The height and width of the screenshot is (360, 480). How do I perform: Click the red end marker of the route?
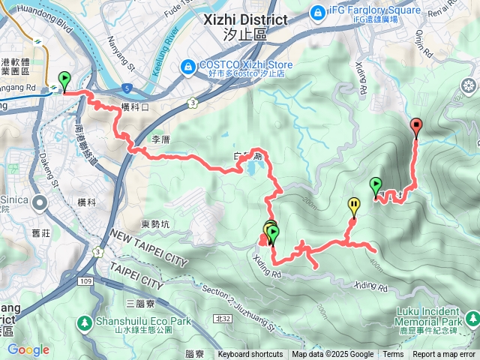415,125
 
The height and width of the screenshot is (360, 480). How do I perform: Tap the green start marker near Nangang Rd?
64,79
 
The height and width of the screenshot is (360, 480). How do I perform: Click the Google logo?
28,349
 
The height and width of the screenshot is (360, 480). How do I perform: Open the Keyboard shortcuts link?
250,355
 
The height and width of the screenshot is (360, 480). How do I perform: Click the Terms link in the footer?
393,355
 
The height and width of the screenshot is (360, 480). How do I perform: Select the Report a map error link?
444,355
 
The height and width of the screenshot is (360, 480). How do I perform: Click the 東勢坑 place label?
156,223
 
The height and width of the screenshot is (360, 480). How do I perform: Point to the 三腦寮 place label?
140,304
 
